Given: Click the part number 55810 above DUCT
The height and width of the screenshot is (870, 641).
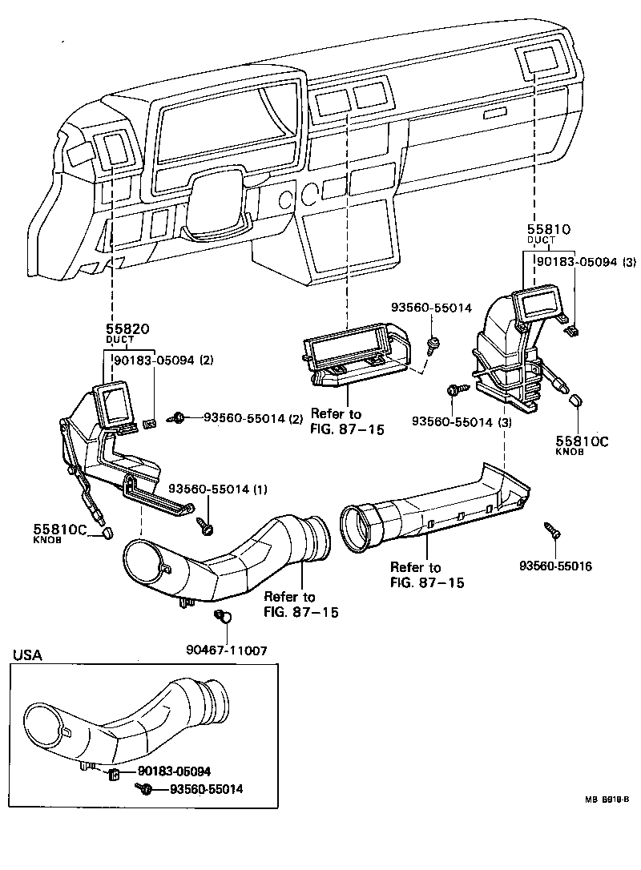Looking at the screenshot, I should tap(547, 229).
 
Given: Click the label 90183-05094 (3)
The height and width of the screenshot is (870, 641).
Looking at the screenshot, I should tap(587, 262).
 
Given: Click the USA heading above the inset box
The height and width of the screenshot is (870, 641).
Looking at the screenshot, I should tap(28, 655).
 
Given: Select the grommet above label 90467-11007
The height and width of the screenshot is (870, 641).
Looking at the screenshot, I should tap(224, 617).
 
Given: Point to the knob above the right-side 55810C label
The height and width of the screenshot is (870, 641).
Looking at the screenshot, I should tap(573, 401).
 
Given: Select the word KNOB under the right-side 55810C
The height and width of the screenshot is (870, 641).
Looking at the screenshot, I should tap(570, 451).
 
